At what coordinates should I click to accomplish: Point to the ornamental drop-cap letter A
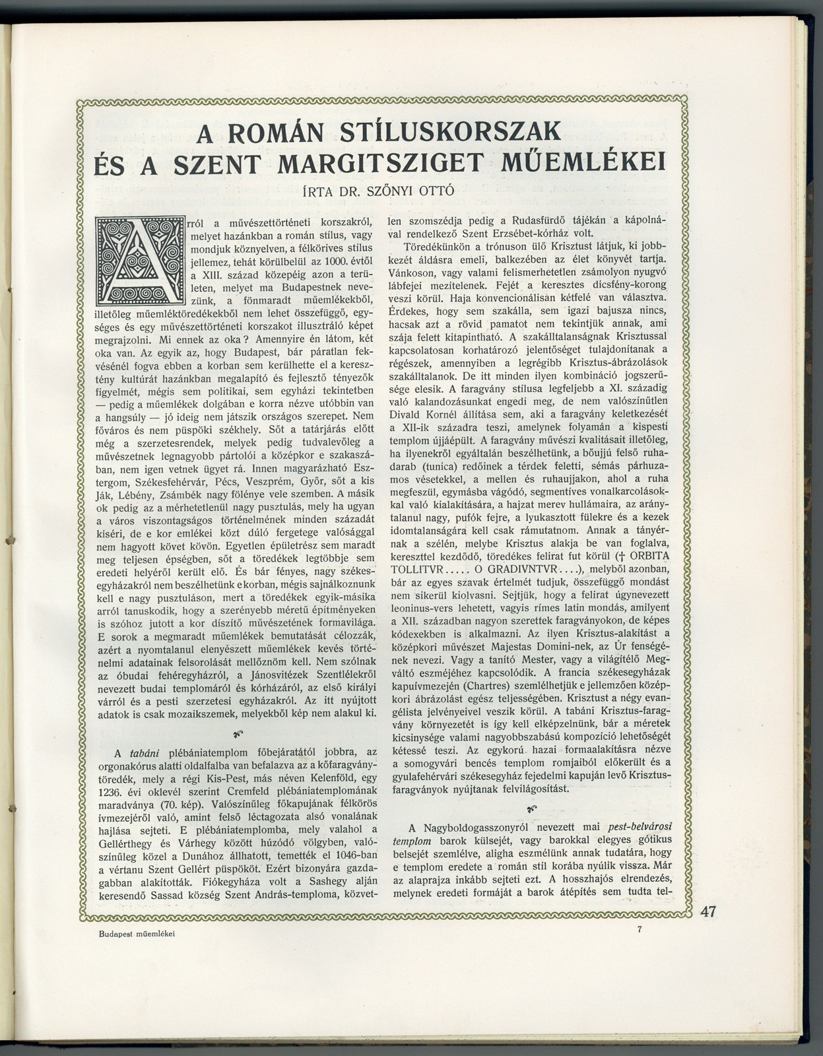pos(139,261)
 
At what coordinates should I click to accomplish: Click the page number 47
pos(709,912)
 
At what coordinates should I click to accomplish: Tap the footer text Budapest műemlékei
pos(137,934)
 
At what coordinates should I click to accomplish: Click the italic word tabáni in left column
pos(143,752)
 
